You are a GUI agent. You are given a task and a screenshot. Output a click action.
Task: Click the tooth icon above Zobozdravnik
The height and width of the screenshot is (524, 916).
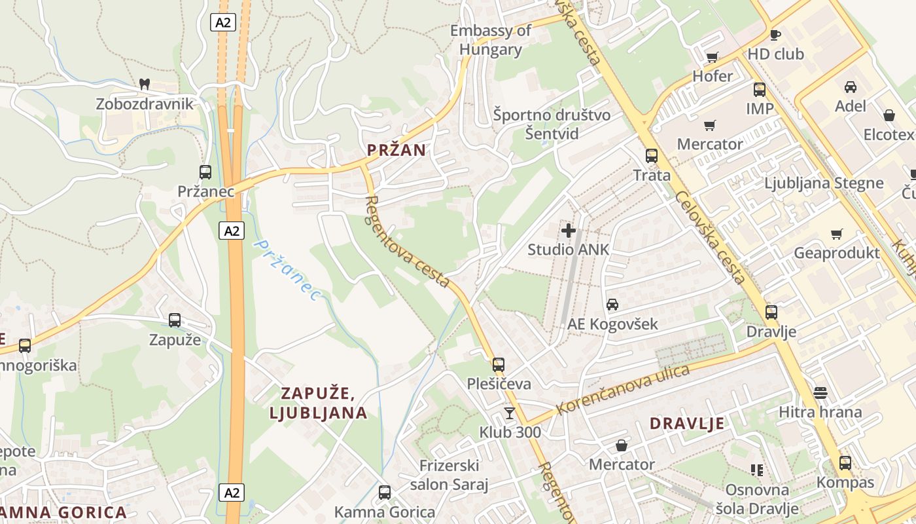click(x=145, y=84)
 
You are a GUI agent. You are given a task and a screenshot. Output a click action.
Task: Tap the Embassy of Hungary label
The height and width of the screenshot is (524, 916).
click(x=491, y=40)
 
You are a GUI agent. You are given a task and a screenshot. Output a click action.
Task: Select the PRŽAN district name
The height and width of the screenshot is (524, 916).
click(x=396, y=150)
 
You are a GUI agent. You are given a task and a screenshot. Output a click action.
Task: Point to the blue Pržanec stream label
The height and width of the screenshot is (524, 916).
click(x=287, y=271)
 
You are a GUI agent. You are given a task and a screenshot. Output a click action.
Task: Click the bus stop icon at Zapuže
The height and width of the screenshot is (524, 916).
click(x=175, y=320)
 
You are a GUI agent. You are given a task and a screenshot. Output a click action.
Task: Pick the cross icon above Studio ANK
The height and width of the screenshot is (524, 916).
click(x=569, y=230)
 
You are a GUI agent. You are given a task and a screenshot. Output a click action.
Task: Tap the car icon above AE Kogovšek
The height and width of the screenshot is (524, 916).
click(x=612, y=305)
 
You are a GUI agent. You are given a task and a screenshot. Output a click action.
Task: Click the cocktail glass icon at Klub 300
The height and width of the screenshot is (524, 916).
click(x=510, y=413)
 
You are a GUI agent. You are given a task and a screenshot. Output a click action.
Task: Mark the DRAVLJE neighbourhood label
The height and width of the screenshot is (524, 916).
click(x=687, y=423)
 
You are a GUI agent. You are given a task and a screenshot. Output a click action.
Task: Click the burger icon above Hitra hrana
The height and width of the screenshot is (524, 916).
click(x=820, y=393)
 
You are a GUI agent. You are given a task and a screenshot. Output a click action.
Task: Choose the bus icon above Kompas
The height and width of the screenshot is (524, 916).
click(x=845, y=463)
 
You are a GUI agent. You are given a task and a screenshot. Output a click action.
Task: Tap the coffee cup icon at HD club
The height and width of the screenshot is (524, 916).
click(x=775, y=35)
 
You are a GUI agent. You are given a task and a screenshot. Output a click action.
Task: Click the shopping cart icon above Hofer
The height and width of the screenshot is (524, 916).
click(x=713, y=57)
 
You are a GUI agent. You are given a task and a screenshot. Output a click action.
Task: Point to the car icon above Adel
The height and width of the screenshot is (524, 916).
click(x=851, y=86)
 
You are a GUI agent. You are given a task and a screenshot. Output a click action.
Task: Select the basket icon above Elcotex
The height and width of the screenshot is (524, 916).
click(x=889, y=115)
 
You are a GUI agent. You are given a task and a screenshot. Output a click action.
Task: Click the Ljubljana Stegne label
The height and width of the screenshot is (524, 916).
click(x=824, y=183)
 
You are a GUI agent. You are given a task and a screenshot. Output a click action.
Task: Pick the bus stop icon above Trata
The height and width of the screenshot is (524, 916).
click(x=652, y=156)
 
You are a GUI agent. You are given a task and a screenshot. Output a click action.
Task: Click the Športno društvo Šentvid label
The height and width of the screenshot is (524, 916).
click(x=552, y=124)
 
